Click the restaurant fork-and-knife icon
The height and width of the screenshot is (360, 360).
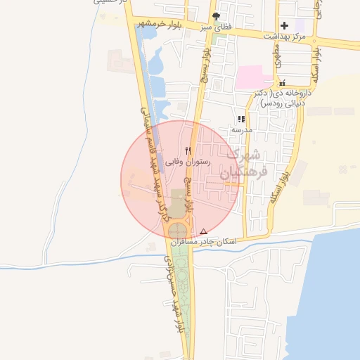[x=188, y=150]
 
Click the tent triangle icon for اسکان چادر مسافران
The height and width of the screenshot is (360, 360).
[x=204, y=231]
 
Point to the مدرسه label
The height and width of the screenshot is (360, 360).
[x=241, y=130]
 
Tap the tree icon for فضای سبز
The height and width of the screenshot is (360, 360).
[x=216, y=16]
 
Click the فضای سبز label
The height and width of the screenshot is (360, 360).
[x=217, y=27]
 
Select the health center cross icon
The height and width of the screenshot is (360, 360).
[x=284, y=25]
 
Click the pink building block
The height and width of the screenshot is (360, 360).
[x=254, y=77]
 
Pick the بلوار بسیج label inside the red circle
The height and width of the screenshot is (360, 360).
[x=189, y=194]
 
